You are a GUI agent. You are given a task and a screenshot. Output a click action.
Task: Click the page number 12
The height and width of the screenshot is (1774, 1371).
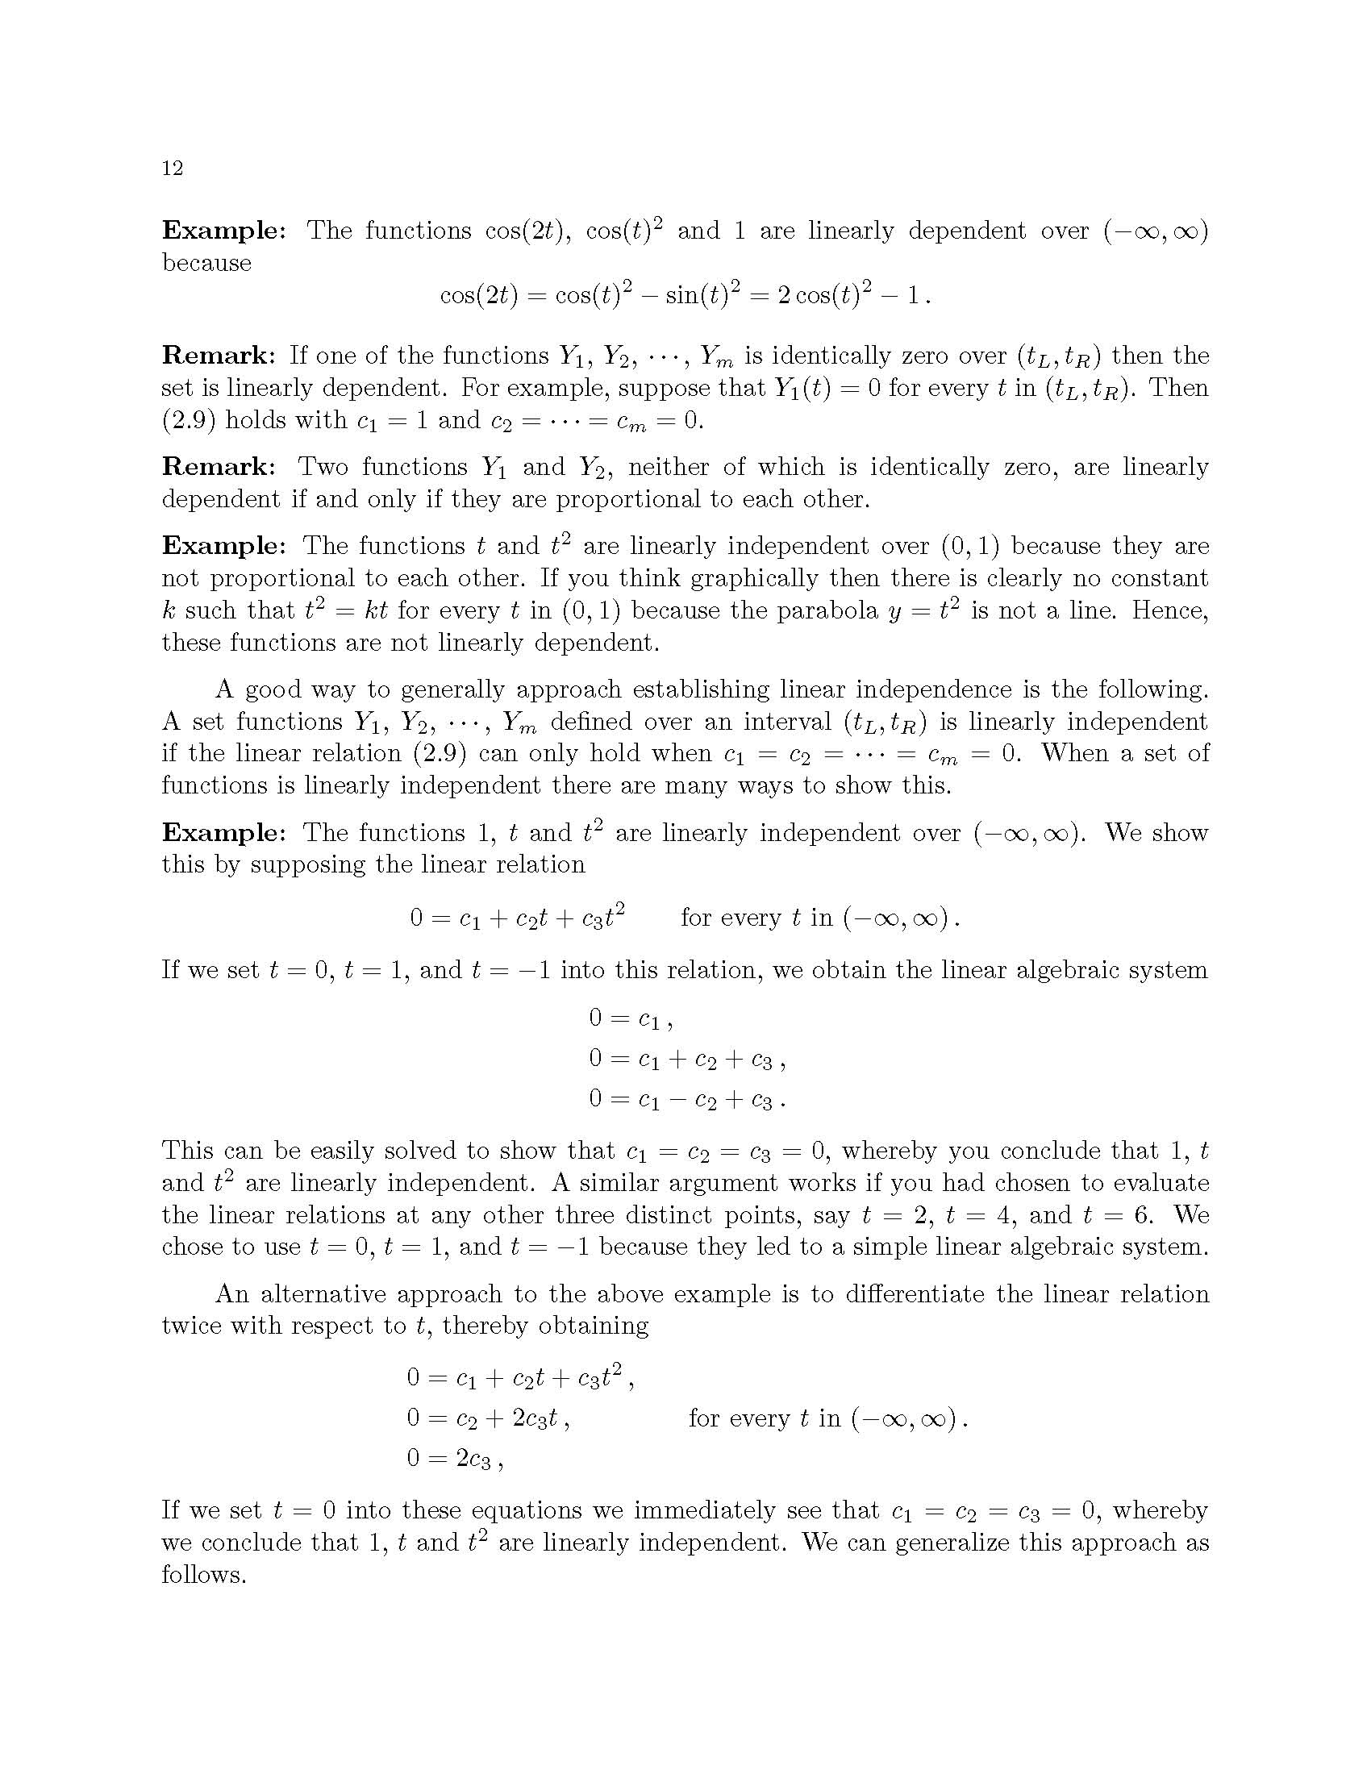tap(173, 169)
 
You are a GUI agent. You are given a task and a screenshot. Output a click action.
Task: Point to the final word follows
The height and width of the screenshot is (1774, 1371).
tap(203, 1575)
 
